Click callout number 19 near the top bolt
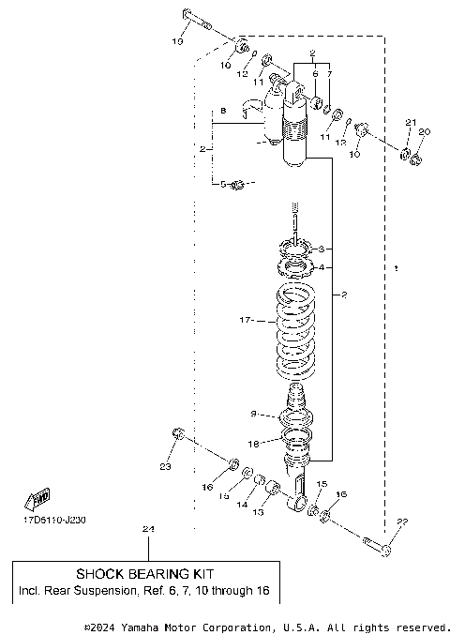click(177, 42)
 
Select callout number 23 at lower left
click(165, 466)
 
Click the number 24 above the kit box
click(146, 531)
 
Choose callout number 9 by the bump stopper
click(254, 414)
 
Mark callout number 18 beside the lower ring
click(254, 443)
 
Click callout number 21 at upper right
click(408, 123)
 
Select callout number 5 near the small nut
click(225, 184)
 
